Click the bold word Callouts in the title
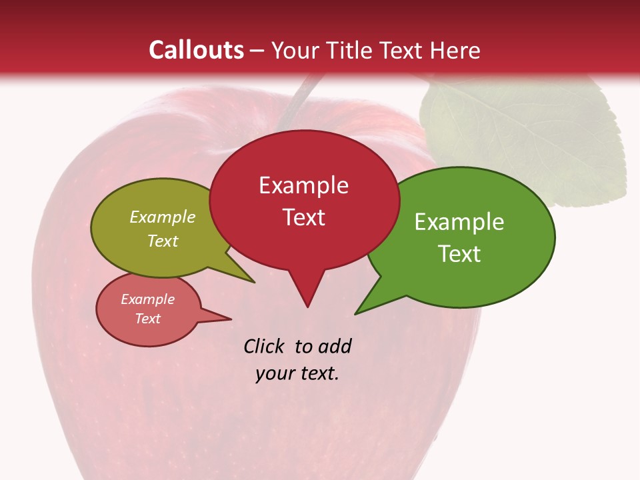196,50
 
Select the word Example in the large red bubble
303,185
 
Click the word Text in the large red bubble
304,217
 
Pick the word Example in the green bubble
459,222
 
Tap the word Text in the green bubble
460,254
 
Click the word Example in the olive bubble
163,217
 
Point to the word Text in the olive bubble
163,241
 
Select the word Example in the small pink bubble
148,299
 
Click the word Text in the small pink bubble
148,319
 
